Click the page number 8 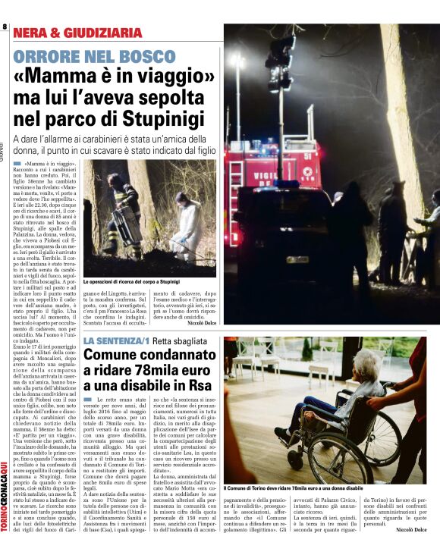pyautogui.click(x=5, y=27)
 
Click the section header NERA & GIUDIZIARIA pyautogui.click(x=77, y=33)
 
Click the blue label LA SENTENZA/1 pyautogui.click(x=116, y=341)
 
